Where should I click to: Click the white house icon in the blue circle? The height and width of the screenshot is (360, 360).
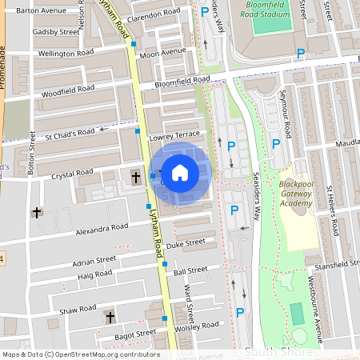point(180,171)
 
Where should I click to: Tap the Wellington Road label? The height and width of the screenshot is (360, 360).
point(67,54)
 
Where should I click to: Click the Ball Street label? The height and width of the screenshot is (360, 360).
point(190,270)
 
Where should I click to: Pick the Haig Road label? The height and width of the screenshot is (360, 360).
point(95,274)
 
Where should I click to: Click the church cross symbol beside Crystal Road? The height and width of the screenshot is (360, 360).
point(135,176)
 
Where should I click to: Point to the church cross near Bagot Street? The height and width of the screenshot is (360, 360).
point(110,318)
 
